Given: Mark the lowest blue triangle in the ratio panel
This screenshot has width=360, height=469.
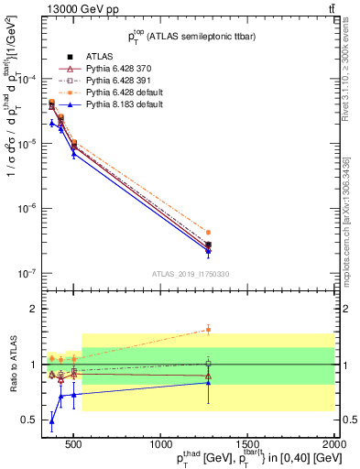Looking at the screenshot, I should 52,421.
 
